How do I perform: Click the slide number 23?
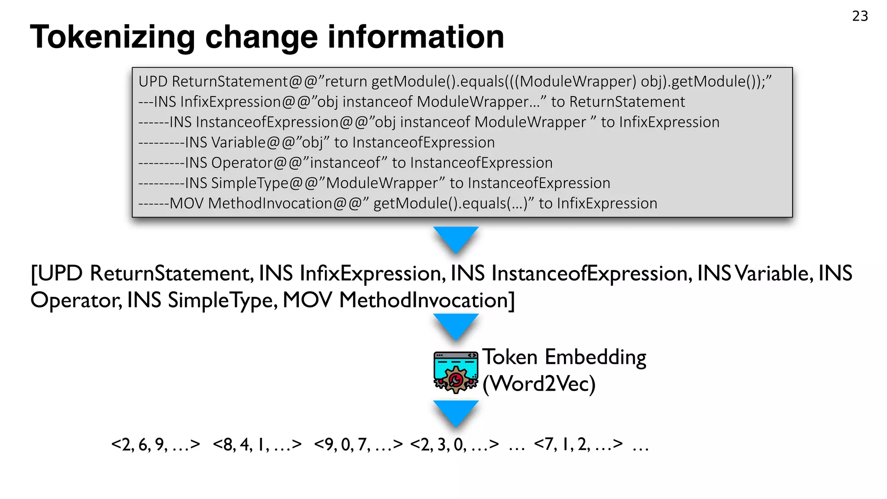(860, 16)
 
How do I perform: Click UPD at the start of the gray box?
(153, 81)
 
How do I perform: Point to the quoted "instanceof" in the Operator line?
(345, 163)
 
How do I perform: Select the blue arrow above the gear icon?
(456, 326)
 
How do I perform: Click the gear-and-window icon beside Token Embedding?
(456, 372)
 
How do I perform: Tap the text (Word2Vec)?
(539, 384)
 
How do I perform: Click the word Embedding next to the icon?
(596, 357)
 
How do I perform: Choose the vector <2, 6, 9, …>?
(155, 444)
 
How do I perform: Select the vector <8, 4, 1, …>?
(257, 444)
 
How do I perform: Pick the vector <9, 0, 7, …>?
(359, 444)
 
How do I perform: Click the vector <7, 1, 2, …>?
(579, 444)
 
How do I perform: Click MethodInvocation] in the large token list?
(427, 300)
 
